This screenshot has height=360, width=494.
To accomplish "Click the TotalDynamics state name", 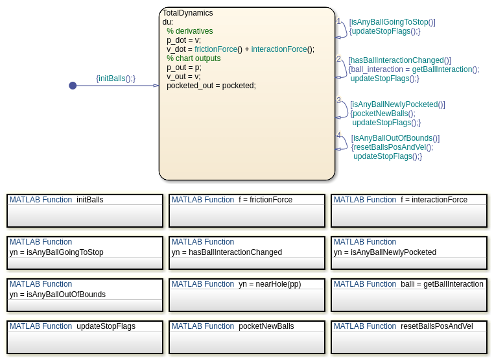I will [187, 13].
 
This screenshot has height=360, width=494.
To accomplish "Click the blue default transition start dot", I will [73, 86].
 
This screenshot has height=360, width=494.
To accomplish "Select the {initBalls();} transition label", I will [115, 78].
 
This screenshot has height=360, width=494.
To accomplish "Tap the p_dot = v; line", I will [183, 40].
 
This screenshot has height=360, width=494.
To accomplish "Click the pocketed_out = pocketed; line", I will [211, 86].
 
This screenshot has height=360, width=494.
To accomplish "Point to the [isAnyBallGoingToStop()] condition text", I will [392, 22].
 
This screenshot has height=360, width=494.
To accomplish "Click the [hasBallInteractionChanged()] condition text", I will [399, 60].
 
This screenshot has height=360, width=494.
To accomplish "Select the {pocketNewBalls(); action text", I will [382, 114].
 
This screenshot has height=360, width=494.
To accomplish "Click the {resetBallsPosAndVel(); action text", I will [392, 147].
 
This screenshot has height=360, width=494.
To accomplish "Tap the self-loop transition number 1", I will [338, 21].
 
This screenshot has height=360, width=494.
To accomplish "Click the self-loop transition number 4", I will [338, 136].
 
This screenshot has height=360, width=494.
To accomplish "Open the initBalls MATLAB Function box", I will [84, 210].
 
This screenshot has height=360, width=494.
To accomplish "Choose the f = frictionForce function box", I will [246, 210].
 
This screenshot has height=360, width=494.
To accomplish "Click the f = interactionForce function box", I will [408, 210].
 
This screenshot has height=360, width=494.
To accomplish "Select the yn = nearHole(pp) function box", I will [246, 294].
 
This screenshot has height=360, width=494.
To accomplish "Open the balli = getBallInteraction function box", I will [408, 294].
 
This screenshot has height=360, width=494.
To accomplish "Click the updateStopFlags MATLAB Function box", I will [84, 337].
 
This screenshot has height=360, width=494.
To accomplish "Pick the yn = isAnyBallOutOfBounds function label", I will [58, 294].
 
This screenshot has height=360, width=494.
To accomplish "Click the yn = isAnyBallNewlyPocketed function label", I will [385, 252].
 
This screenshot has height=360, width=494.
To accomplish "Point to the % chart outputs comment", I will [193, 58].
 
